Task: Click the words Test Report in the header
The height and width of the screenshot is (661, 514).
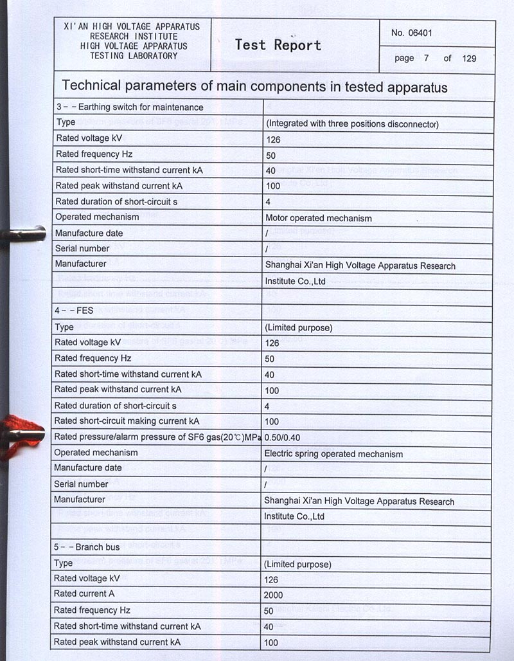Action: click(278, 45)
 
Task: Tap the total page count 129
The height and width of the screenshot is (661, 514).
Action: click(469, 59)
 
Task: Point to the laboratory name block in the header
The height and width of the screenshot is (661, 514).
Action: click(133, 41)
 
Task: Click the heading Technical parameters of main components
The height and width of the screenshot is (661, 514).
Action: click(254, 87)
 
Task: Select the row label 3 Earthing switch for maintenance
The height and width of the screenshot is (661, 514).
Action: click(129, 107)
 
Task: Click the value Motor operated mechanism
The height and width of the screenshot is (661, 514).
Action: click(318, 218)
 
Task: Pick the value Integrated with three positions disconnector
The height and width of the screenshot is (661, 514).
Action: click(351, 123)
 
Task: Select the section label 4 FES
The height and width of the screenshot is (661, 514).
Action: click(74, 311)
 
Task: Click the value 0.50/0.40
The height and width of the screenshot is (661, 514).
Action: click(283, 438)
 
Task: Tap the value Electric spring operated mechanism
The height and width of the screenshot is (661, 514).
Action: click(333, 454)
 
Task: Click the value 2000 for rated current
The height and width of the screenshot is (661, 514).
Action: click(273, 595)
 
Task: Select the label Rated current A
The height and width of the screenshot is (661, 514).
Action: click(84, 594)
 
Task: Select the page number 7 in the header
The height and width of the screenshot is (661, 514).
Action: click(426, 59)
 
